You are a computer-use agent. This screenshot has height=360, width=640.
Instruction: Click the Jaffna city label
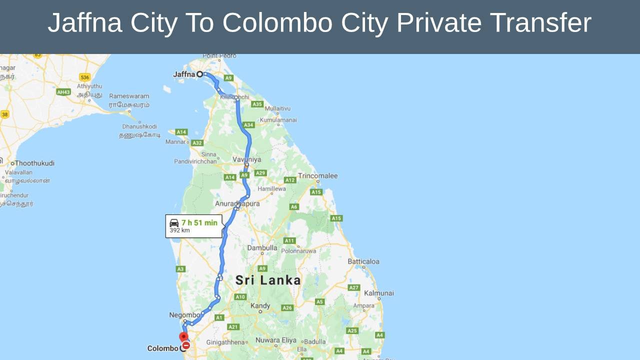point(184,74)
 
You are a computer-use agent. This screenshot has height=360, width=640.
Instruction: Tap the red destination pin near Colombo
point(183,337)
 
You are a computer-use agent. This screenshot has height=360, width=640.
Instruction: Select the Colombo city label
point(163,348)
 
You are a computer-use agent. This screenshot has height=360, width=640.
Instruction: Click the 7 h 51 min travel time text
point(199,222)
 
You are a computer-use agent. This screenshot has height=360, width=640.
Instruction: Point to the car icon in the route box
point(174,222)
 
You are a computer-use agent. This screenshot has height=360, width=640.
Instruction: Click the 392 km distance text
point(179,230)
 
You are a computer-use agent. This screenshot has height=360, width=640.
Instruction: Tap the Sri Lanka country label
point(268,280)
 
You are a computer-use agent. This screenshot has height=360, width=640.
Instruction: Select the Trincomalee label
point(317,176)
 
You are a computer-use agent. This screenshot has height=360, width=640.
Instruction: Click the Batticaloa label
point(363,261)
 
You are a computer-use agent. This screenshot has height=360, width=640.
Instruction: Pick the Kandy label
point(260,305)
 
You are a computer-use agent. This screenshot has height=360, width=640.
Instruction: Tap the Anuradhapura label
point(237,203)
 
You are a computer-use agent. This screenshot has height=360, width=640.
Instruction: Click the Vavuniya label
point(246,159)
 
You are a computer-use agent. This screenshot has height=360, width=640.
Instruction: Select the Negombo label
point(184,315)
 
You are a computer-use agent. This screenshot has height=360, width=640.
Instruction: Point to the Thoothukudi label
point(35,163)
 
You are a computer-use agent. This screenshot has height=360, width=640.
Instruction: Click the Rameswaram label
point(129,96)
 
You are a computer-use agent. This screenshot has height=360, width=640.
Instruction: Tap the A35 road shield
point(257,104)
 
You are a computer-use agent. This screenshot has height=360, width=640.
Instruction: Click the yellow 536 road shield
point(84,77)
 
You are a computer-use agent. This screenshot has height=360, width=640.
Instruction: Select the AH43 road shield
point(63,92)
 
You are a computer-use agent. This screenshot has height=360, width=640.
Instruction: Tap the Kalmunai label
point(379,293)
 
